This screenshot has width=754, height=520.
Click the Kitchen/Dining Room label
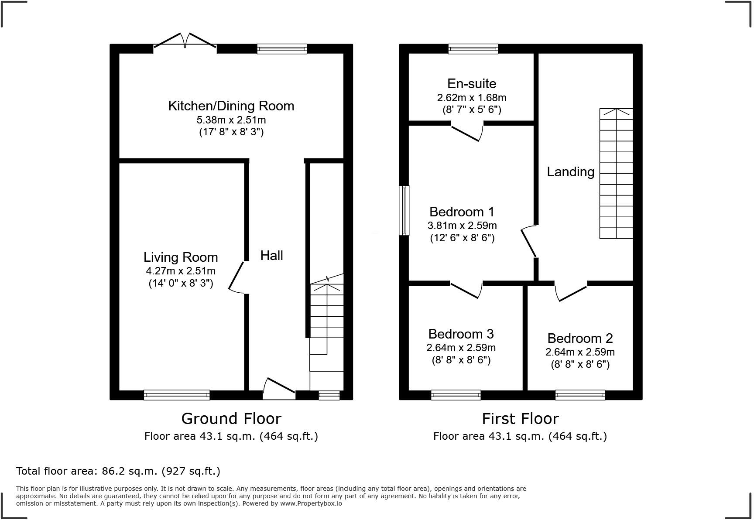(231, 106)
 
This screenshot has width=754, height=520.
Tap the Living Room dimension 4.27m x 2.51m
(181, 271)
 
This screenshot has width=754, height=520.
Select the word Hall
(272, 256)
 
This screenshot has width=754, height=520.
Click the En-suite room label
(472, 83)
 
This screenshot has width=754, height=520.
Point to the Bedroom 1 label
(462, 212)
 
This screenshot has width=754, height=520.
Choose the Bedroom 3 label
(461, 334)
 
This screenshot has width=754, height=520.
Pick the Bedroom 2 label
(580, 339)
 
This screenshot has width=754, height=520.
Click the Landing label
(571, 172)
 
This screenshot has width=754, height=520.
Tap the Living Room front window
(177, 395)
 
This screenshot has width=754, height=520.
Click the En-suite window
(473, 49)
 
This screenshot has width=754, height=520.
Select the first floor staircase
(616, 174)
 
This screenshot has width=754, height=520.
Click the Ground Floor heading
(231, 419)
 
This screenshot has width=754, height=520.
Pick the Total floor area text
(118, 471)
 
